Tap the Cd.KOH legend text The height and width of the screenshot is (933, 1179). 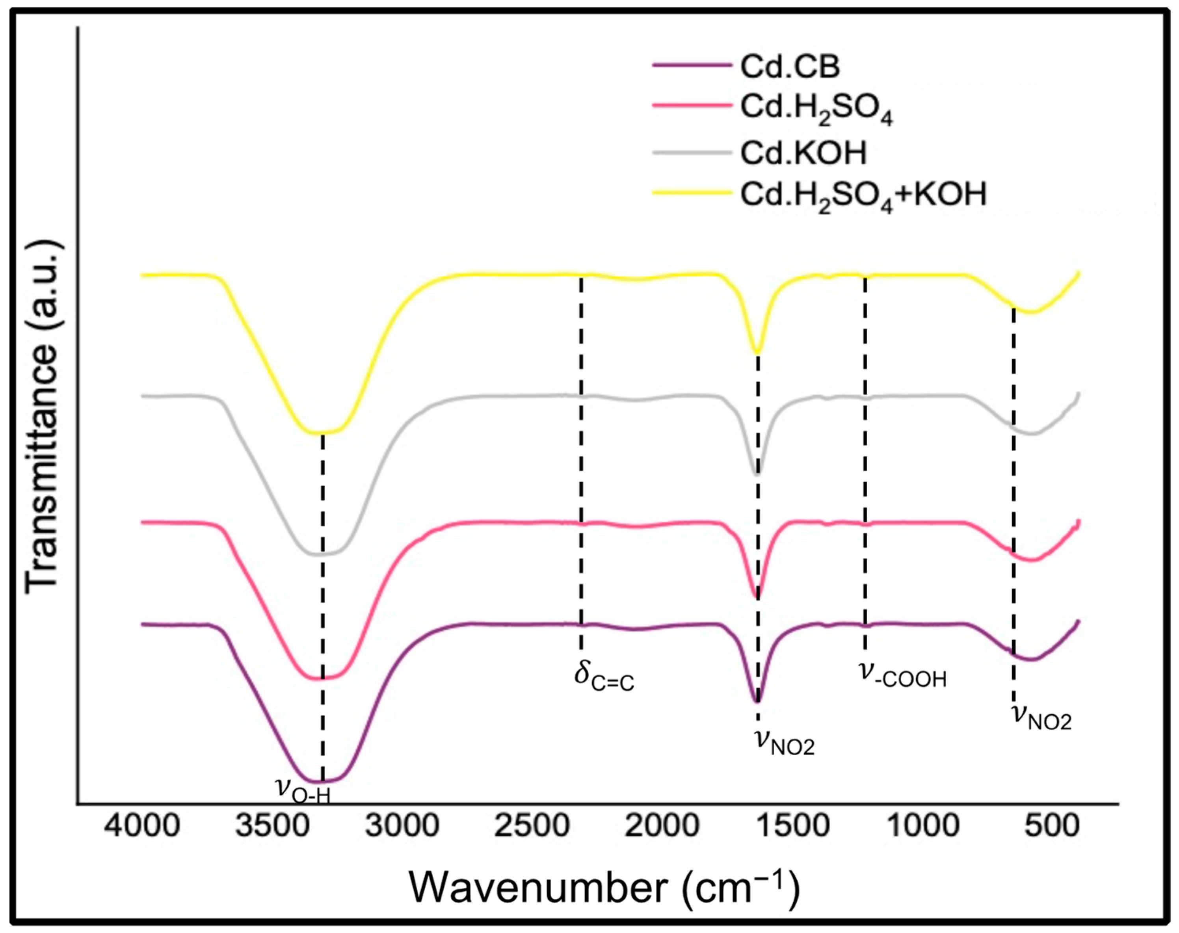click(803, 153)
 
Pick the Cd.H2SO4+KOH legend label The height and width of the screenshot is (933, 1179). click(863, 195)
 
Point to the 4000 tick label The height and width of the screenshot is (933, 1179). click(143, 841)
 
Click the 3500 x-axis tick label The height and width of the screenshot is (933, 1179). click(272, 841)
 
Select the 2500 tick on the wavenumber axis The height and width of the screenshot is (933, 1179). click(532, 841)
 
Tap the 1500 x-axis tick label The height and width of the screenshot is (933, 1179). click(792, 841)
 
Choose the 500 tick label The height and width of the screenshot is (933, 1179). click(1051, 841)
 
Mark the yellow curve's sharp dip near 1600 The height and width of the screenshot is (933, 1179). click(757, 352)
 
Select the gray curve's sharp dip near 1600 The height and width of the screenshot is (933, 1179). click(757, 474)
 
